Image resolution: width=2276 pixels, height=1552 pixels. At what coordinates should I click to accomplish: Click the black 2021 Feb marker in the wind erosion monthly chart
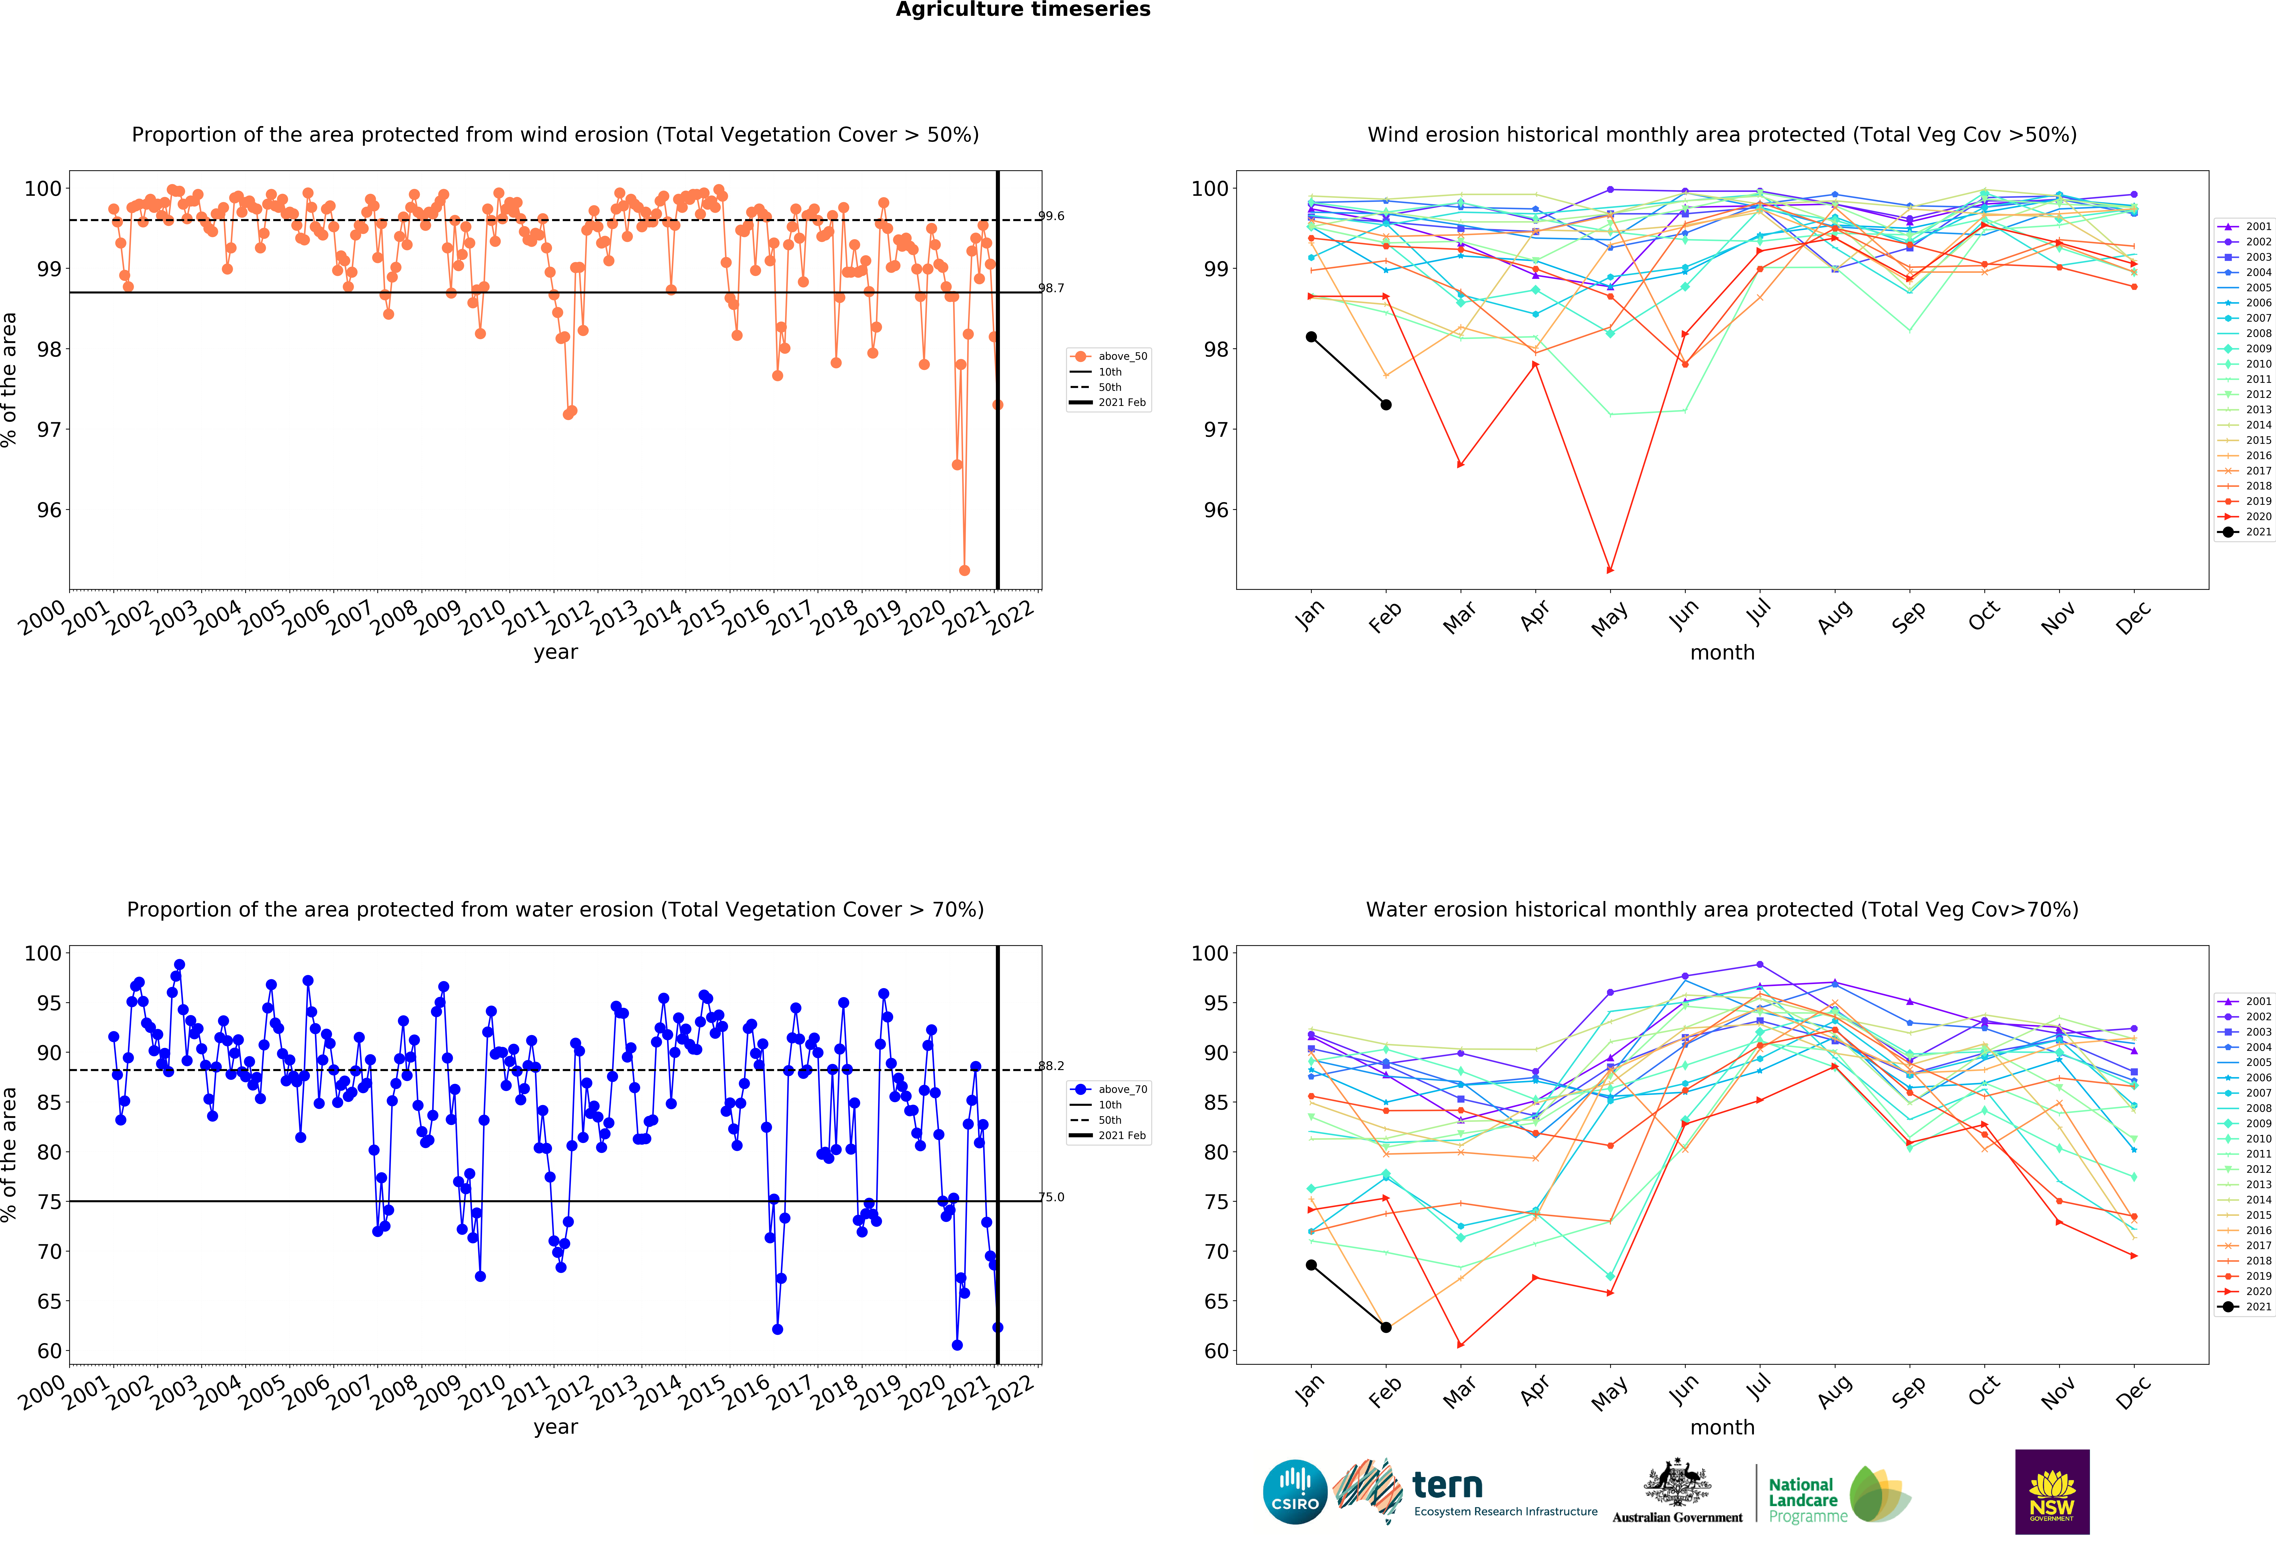pyautogui.click(x=1386, y=405)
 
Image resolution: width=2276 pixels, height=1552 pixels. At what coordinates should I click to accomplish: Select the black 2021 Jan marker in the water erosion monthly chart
pyautogui.click(x=1311, y=1265)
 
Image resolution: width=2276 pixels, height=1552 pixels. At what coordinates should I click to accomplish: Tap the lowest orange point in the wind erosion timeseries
pyautogui.click(x=965, y=570)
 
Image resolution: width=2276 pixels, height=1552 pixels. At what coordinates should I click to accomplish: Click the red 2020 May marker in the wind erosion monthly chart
pyautogui.click(x=1610, y=570)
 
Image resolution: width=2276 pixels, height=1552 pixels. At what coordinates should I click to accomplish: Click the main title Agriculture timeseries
pyautogui.click(x=1024, y=10)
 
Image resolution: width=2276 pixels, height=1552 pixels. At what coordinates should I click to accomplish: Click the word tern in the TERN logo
pyautogui.click(x=1447, y=1485)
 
